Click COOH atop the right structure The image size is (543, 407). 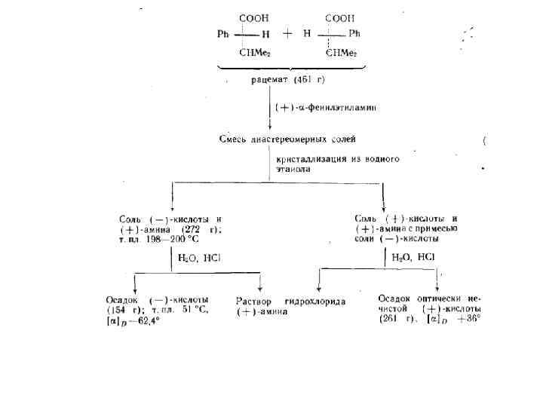pyautogui.click(x=339, y=17)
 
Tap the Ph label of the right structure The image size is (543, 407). pyautogui.click(x=354, y=34)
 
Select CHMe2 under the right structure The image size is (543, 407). pyautogui.click(x=342, y=53)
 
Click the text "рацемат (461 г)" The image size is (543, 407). pyautogui.click(x=288, y=80)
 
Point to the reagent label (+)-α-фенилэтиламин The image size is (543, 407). pyautogui.click(x=325, y=107)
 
